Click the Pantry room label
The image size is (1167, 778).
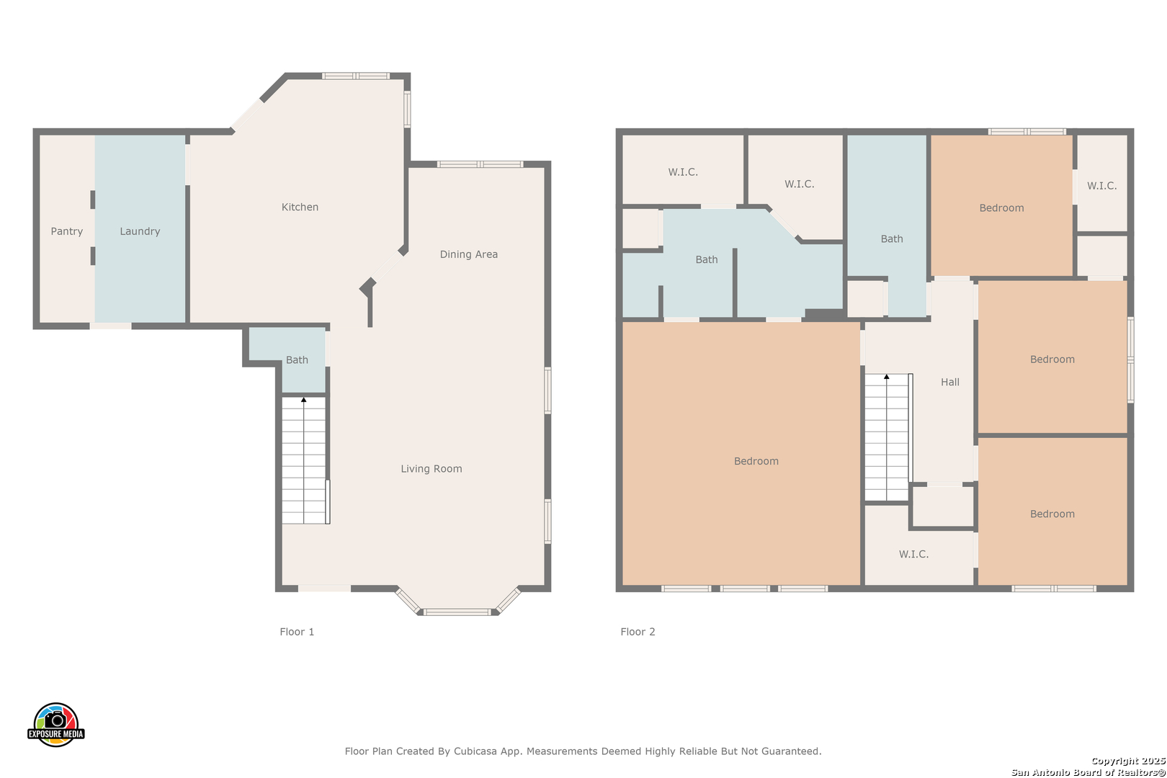(67, 231)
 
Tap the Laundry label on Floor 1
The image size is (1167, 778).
(140, 231)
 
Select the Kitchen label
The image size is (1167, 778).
(300, 207)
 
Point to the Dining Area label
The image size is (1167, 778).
(468, 254)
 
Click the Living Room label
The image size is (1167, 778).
(431, 468)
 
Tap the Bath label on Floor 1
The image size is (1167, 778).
(297, 359)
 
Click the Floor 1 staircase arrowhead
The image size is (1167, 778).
(304, 400)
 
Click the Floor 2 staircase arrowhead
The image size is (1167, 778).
(886, 377)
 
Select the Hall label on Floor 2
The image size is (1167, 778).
(949, 382)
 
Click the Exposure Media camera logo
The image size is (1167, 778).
(55, 724)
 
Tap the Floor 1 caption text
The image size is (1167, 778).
(297, 632)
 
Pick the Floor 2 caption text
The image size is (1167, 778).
(637, 632)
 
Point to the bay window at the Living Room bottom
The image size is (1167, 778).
(457, 611)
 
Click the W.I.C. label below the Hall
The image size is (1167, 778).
(913, 554)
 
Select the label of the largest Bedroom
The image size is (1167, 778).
(756, 461)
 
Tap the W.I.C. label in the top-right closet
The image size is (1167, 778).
(1101, 186)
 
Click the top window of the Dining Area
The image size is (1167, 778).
(480, 164)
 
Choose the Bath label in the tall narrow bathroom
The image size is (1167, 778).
(891, 238)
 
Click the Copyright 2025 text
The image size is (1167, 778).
(1128, 761)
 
